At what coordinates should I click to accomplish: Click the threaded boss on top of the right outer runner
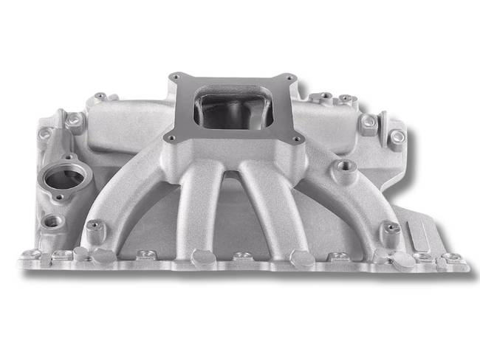[x=340, y=166]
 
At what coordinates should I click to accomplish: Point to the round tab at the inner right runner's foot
[x=301, y=257]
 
